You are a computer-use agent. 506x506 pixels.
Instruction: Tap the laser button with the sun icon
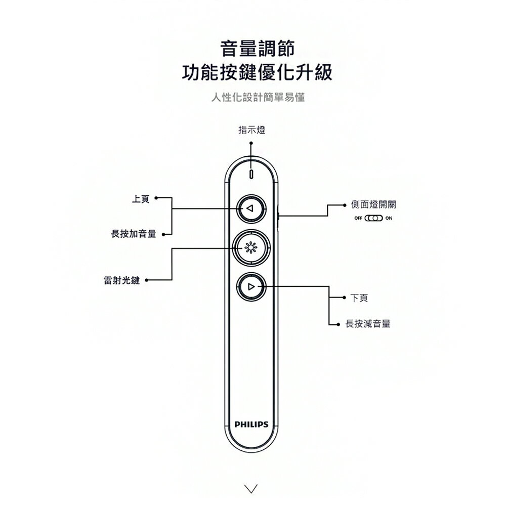pos(251,247)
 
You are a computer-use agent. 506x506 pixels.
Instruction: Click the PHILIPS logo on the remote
pos(251,424)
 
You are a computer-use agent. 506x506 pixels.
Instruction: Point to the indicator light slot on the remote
pos(251,173)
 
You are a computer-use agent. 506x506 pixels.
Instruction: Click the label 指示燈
pos(251,130)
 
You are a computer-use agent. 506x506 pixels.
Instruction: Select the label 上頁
pos(140,199)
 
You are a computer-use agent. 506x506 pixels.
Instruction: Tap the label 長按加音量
pos(134,234)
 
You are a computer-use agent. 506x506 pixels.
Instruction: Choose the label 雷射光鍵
pos(122,280)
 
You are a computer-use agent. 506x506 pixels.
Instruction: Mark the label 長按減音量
pos(368,323)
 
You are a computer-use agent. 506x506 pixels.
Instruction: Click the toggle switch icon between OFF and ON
pos(373,219)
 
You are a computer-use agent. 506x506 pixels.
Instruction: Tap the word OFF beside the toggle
pos(358,219)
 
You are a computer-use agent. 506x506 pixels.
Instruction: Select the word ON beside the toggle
pos(388,219)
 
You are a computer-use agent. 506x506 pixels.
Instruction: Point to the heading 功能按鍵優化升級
pos(257,73)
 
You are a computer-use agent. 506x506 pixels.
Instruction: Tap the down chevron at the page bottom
pos(251,488)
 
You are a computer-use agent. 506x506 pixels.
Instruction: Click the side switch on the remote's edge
pos(280,216)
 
